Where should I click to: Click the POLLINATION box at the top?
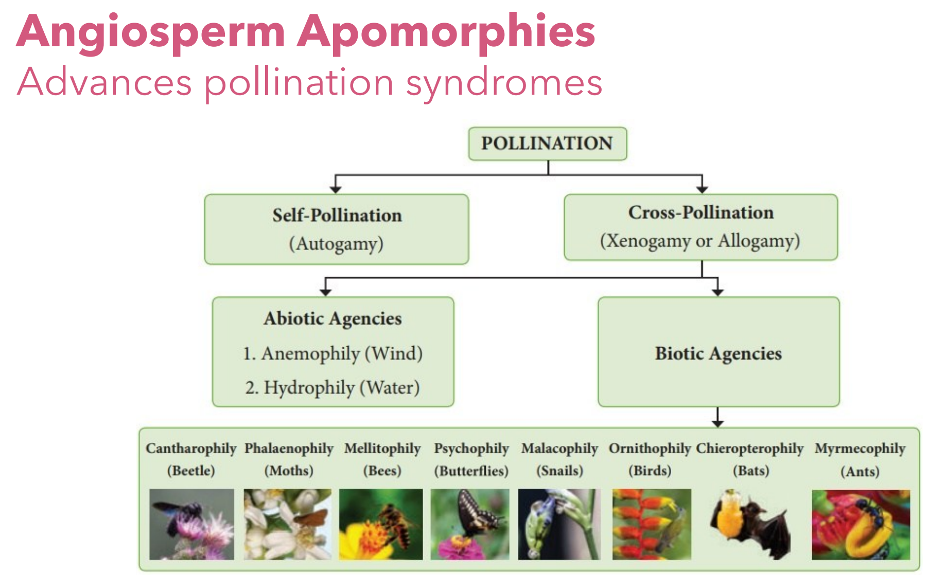(x=547, y=143)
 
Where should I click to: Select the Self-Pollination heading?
(x=337, y=215)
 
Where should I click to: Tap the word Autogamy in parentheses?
(x=337, y=243)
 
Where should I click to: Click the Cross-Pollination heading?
(x=701, y=212)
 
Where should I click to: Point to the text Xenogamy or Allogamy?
(x=700, y=241)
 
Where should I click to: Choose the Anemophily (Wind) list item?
(x=333, y=353)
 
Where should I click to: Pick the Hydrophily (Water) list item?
(x=333, y=387)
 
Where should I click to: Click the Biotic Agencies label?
(x=718, y=353)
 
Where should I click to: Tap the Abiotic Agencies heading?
(x=333, y=318)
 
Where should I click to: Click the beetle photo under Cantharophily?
(x=191, y=524)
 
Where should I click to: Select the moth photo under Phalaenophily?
(x=287, y=524)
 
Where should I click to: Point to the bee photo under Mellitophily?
(x=381, y=524)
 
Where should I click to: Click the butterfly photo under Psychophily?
(x=470, y=524)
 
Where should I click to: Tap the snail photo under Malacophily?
(x=559, y=524)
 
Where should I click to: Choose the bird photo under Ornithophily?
(x=652, y=524)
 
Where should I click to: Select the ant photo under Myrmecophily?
(x=861, y=524)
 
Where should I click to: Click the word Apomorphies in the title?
(x=446, y=32)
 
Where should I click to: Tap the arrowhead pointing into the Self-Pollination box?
(x=336, y=189)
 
